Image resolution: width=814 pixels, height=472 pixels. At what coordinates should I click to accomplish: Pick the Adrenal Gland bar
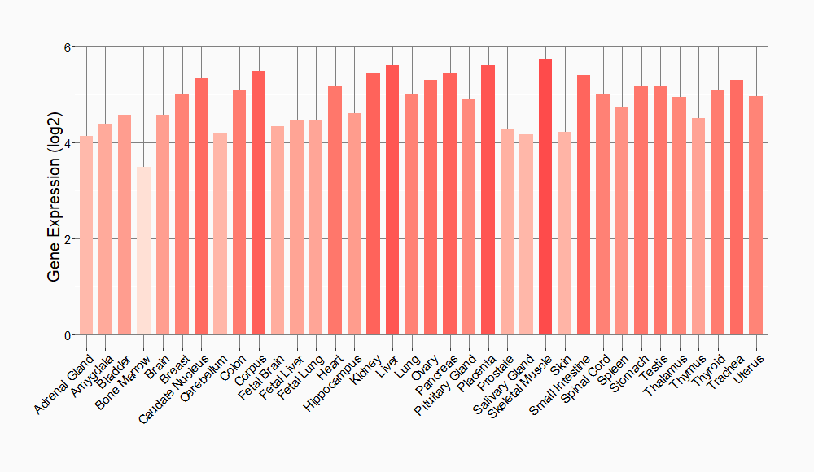[x=86, y=235]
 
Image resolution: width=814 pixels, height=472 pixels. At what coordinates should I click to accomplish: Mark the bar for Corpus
[x=258, y=203]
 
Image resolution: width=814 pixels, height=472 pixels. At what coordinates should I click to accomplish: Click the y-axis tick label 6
[x=68, y=47]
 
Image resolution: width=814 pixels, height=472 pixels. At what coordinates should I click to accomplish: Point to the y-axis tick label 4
[x=68, y=143]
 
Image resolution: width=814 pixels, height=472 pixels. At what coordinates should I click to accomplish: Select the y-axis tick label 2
[x=68, y=239]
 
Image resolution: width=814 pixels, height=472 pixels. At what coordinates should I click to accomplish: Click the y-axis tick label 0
[x=68, y=335]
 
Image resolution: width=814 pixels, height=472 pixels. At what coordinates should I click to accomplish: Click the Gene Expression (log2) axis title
[x=54, y=191]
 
